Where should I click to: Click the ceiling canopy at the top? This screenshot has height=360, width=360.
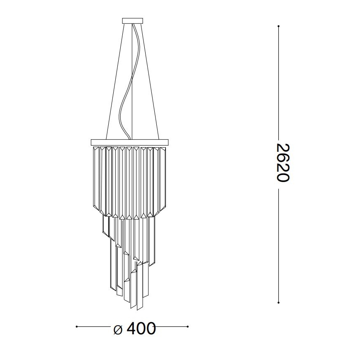coord(132,21)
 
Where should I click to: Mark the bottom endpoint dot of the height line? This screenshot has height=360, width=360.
coord(279,302)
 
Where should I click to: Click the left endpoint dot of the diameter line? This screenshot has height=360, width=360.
coord(77,327)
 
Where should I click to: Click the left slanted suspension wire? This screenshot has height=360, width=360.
coord(115,83)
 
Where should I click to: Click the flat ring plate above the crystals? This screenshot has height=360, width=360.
coord(130,143)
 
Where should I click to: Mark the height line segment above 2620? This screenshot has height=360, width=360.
coord(279,83)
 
